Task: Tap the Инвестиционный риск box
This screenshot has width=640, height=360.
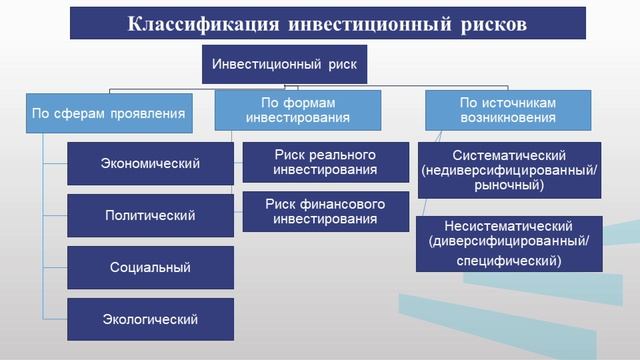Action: tap(285, 66)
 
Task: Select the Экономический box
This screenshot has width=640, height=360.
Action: tap(150, 163)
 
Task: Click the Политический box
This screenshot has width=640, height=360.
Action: tap(150, 215)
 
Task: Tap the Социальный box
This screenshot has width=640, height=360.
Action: tap(150, 267)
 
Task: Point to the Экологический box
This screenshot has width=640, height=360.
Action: tap(150, 319)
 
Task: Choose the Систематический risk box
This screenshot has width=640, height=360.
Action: tap(510, 170)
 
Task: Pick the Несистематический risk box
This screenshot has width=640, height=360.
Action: tap(510, 243)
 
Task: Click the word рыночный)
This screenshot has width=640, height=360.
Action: tap(510, 185)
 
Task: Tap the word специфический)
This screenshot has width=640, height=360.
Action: tap(510, 259)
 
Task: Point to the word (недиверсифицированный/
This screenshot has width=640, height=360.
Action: tap(510, 171)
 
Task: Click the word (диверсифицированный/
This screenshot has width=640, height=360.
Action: tap(510, 243)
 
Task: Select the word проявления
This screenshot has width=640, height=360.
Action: tap(145, 113)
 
